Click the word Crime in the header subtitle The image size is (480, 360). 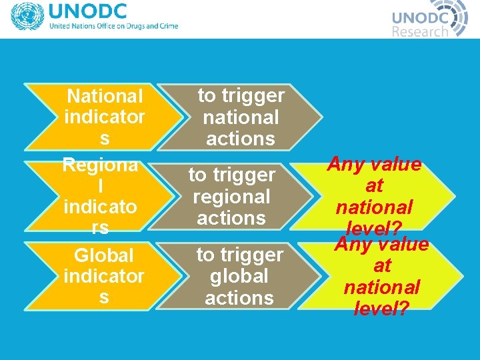(x=167, y=27)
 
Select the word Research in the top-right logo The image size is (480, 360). (x=419, y=31)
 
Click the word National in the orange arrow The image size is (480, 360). (x=105, y=97)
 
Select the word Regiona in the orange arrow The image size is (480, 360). (x=101, y=164)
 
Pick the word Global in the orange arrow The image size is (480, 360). (x=104, y=255)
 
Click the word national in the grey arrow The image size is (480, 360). (x=241, y=117)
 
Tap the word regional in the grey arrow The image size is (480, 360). (x=231, y=197)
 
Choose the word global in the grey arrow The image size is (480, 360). (x=239, y=276)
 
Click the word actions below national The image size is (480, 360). (x=241, y=139)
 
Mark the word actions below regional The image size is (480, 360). (x=231, y=218)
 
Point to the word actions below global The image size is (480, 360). (x=239, y=298)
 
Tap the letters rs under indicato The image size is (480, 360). (x=100, y=227)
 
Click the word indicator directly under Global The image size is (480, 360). (x=104, y=276)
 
